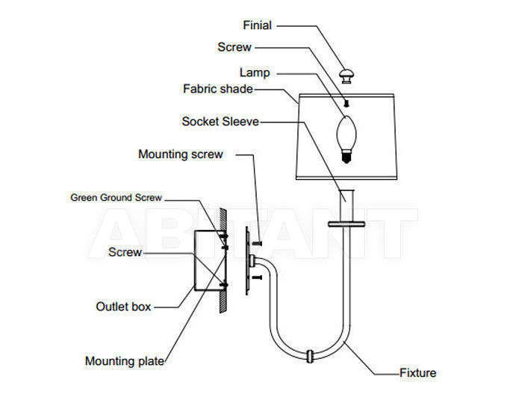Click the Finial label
[x=257, y=25]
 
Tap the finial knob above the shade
[x=346, y=76]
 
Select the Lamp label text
[x=255, y=72]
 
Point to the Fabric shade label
[x=217, y=89]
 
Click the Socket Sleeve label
[x=220, y=122]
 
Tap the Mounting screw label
[x=181, y=154]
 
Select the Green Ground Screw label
[x=116, y=198]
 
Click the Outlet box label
[x=123, y=306]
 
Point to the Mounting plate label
[x=125, y=361]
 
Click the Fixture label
[x=417, y=373]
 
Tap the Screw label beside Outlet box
[x=125, y=252]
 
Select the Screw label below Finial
[x=234, y=47]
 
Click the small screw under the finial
[x=346, y=104]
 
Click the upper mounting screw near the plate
[x=256, y=243]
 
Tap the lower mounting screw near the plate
[x=256, y=277]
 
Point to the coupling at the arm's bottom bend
[x=310, y=356]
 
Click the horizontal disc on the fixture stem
[x=346, y=224]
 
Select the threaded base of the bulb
[x=346, y=157]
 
